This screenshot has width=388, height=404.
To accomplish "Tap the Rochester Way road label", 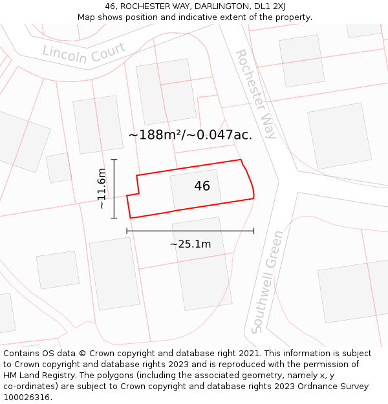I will point(255,94).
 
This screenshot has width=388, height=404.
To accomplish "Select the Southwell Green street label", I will point(267,282).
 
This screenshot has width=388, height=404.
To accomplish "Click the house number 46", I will point(202,186).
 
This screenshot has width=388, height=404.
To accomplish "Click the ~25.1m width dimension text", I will point(190,244).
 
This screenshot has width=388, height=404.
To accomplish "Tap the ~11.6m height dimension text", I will point(102,189).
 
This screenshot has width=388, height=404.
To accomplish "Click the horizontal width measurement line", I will point(190,230).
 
